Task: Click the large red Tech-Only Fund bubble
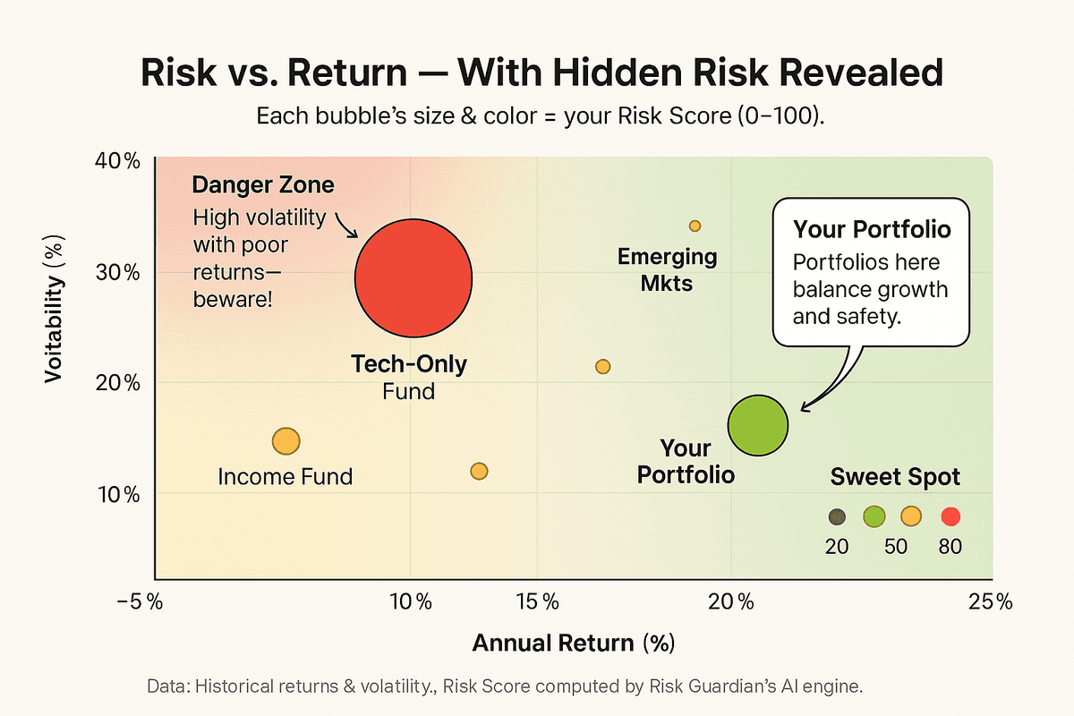pos(413,278)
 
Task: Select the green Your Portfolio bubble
pos(757,427)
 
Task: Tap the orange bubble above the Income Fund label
pos(286,441)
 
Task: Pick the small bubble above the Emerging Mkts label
pos(695,226)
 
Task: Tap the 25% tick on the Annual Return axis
pos(988,601)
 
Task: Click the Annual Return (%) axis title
pos(573,643)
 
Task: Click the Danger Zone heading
pos(263,186)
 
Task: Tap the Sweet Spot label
pos(894,477)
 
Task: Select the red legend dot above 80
pos(950,516)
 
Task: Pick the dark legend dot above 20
pos(837,516)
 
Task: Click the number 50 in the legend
pos(896,546)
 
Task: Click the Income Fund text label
pos(286,476)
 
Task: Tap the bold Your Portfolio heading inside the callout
pos(871,230)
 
